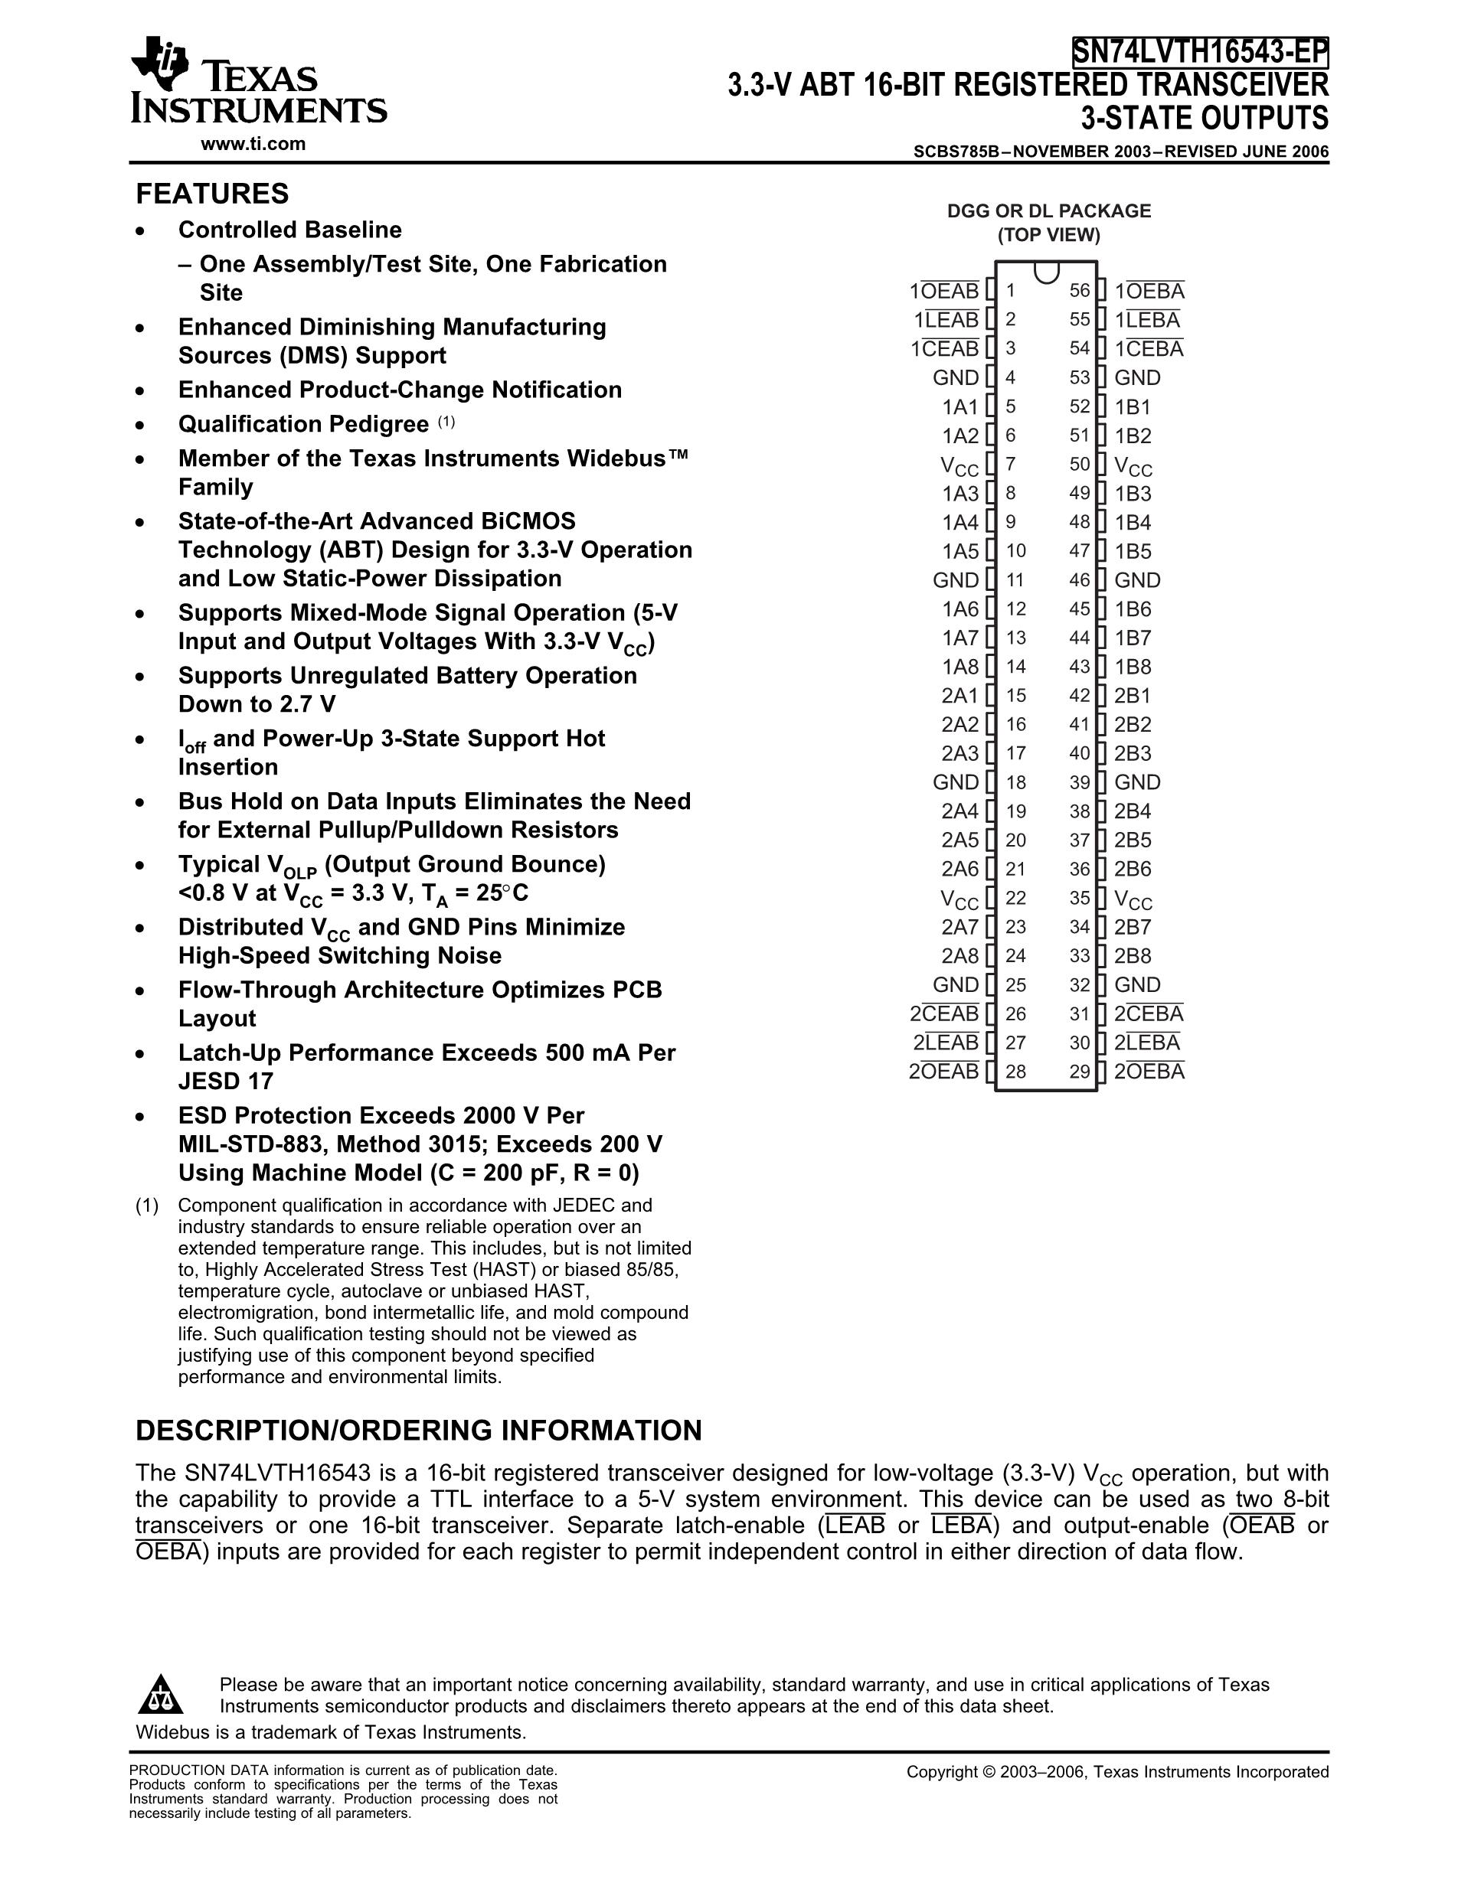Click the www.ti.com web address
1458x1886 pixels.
click(253, 144)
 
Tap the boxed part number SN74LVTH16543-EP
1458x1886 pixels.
click(1200, 52)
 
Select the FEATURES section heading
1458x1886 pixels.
click(212, 194)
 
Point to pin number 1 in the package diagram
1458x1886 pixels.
click(1011, 291)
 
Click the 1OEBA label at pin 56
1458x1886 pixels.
click(1149, 291)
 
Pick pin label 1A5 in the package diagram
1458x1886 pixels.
click(959, 551)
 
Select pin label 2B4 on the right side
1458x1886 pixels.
click(1133, 811)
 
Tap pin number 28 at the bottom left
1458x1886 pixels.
click(1015, 1072)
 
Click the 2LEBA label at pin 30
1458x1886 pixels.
click(1146, 1043)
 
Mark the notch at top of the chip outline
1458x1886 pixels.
click(1046, 273)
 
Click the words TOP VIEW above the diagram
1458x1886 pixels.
click(1048, 235)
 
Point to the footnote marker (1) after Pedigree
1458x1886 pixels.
click(446, 423)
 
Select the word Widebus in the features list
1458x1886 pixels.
click(622, 458)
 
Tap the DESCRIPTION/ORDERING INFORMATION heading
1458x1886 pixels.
click(419, 1431)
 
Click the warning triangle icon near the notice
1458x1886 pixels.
click(161, 1695)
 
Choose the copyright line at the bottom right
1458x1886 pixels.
click(1116, 1772)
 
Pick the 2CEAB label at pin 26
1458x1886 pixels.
click(944, 1014)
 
